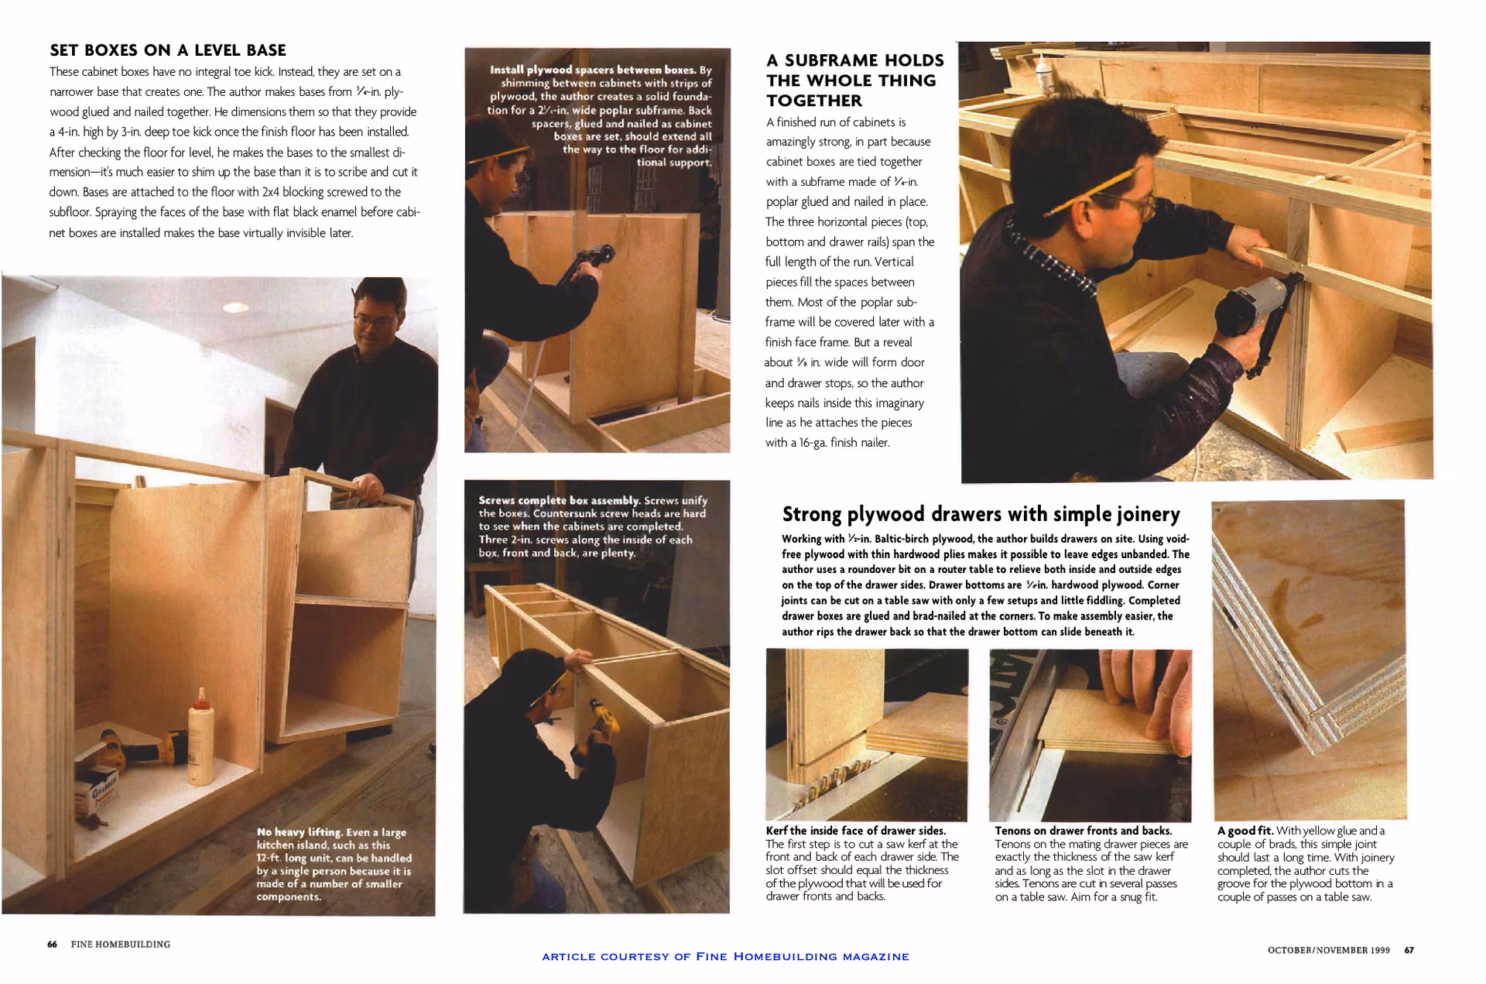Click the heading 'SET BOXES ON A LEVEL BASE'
click(x=168, y=50)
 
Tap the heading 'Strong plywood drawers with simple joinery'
click(x=981, y=514)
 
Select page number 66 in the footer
click(x=52, y=944)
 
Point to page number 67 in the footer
click(x=1409, y=950)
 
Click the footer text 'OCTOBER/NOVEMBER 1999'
click(x=1328, y=950)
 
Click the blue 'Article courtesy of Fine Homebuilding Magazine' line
click(x=725, y=956)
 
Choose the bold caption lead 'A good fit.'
click(x=1245, y=831)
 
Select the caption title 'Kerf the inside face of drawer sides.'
click(x=856, y=831)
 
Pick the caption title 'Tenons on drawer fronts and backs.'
click(x=1084, y=831)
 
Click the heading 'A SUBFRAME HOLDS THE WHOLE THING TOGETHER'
click(x=855, y=81)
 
